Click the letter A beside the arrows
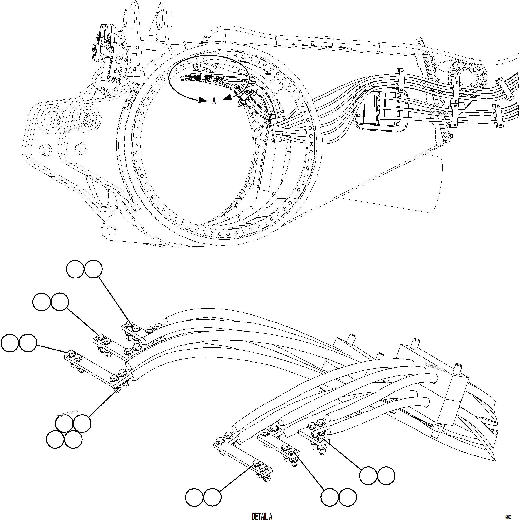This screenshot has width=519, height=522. point(214,101)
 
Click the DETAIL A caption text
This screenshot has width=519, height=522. point(262,516)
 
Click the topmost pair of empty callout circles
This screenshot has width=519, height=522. point(84,269)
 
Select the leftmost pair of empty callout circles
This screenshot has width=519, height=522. point(19,343)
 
